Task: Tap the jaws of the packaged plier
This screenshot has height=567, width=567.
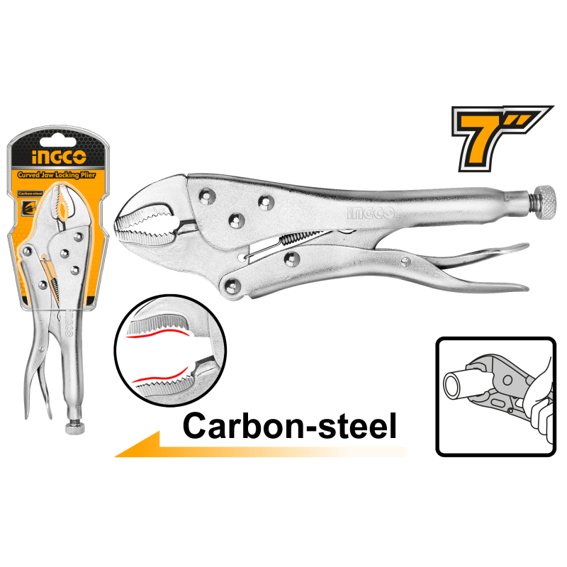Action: click(x=61, y=206)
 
